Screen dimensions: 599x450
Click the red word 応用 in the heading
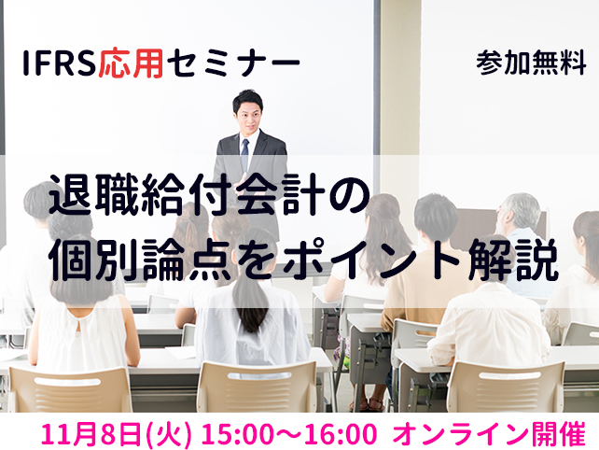tap(131, 63)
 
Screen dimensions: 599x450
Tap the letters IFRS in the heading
tap(60, 63)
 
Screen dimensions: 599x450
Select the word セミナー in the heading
tap(233, 63)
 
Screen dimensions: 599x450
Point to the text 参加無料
tap(531, 63)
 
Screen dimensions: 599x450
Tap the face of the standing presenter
tap(248, 116)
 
